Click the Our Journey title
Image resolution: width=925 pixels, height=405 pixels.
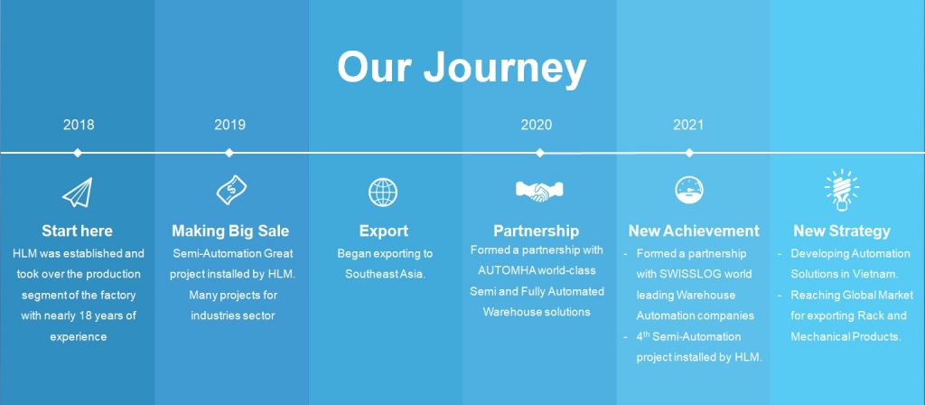click(x=462, y=68)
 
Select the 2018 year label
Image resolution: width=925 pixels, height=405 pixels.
click(x=79, y=125)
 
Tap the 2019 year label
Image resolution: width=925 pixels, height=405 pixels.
click(x=229, y=125)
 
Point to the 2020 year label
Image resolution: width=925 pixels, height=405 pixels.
click(x=537, y=125)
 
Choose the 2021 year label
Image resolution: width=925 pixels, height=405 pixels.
click(x=688, y=125)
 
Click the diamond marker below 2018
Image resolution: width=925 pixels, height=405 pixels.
click(x=78, y=152)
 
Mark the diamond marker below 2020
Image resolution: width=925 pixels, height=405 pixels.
click(x=539, y=152)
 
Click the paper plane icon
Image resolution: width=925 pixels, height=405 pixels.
click(x=78, y=193)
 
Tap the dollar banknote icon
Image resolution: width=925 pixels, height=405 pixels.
click(x=231, y=190)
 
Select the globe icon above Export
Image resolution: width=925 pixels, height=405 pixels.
click(x=383, y=192)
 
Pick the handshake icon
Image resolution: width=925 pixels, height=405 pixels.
click(x=539, y=191)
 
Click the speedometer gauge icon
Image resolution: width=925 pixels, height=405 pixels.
click(x=689, y=190)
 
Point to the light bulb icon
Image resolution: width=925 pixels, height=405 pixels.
click(x=842, y=189)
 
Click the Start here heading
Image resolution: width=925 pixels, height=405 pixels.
click(x=77, y=231)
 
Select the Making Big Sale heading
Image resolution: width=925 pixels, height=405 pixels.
click(x=230, y=231)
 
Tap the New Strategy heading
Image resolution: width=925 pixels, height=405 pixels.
click(x=842, y=231)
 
